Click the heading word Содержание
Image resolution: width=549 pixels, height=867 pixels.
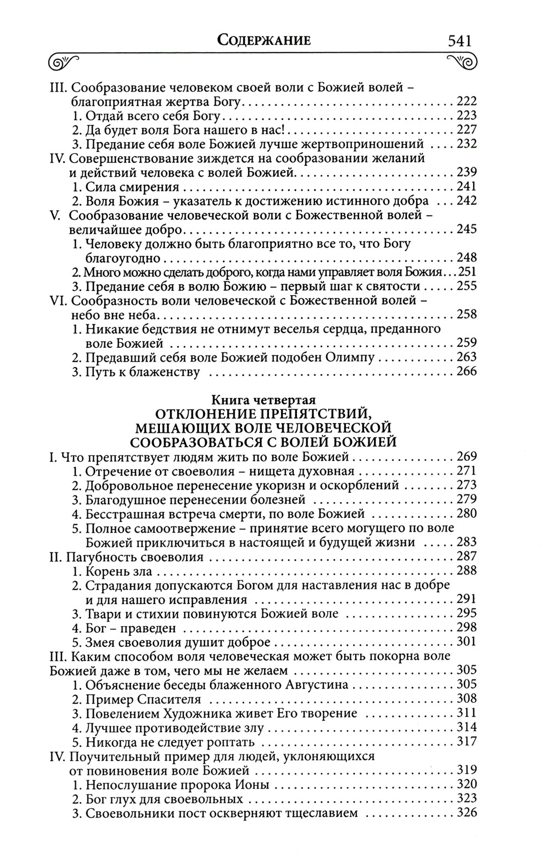tap(264, 40)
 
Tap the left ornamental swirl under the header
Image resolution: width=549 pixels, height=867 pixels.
tap(65, 61)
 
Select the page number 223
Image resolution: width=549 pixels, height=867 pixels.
tap(467, 115)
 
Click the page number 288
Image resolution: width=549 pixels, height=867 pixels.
tap(467, 571)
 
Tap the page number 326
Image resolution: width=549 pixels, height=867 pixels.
tap(467, 813)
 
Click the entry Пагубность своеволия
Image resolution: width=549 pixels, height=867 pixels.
tap(127, 557)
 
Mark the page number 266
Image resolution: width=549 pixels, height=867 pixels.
tap(467, 372)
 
